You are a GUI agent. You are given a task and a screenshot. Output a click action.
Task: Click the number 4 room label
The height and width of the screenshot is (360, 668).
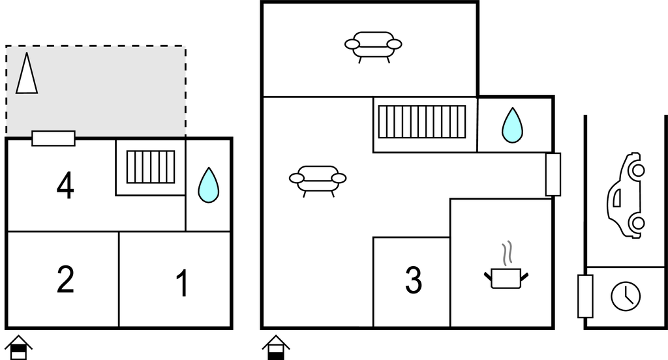(65, 186)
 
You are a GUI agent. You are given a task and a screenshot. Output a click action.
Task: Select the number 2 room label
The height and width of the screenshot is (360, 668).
(65, 279)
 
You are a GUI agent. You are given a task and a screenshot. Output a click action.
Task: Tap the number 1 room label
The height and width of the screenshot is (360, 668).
(183, 283)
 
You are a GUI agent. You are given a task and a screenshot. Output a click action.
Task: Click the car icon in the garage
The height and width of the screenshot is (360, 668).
(627, 195)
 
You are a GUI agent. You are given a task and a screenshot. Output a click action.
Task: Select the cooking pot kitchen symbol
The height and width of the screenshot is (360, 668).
(506, 278)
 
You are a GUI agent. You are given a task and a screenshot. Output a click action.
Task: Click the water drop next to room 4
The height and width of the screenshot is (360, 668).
(208, 185)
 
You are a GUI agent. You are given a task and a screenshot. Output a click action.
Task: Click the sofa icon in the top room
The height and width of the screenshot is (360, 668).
(373, 46)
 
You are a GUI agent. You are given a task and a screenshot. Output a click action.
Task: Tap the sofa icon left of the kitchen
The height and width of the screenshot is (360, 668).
(318, 179)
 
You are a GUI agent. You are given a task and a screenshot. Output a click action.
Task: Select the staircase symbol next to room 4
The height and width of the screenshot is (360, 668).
(151, 166)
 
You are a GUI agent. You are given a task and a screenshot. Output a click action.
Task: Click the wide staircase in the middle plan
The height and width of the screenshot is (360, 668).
(423, 121)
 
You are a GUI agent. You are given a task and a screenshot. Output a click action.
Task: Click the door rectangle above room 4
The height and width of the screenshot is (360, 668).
(53, 138)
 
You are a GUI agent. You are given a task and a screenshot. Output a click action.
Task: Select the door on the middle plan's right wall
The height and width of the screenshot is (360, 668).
(553, 174)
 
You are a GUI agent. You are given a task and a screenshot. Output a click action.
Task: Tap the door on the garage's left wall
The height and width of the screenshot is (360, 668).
(585, 296)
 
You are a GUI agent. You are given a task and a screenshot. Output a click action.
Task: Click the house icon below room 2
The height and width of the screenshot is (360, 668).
(20, 347)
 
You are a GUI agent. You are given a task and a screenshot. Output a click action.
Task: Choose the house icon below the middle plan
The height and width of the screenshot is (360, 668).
(277, 347)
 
